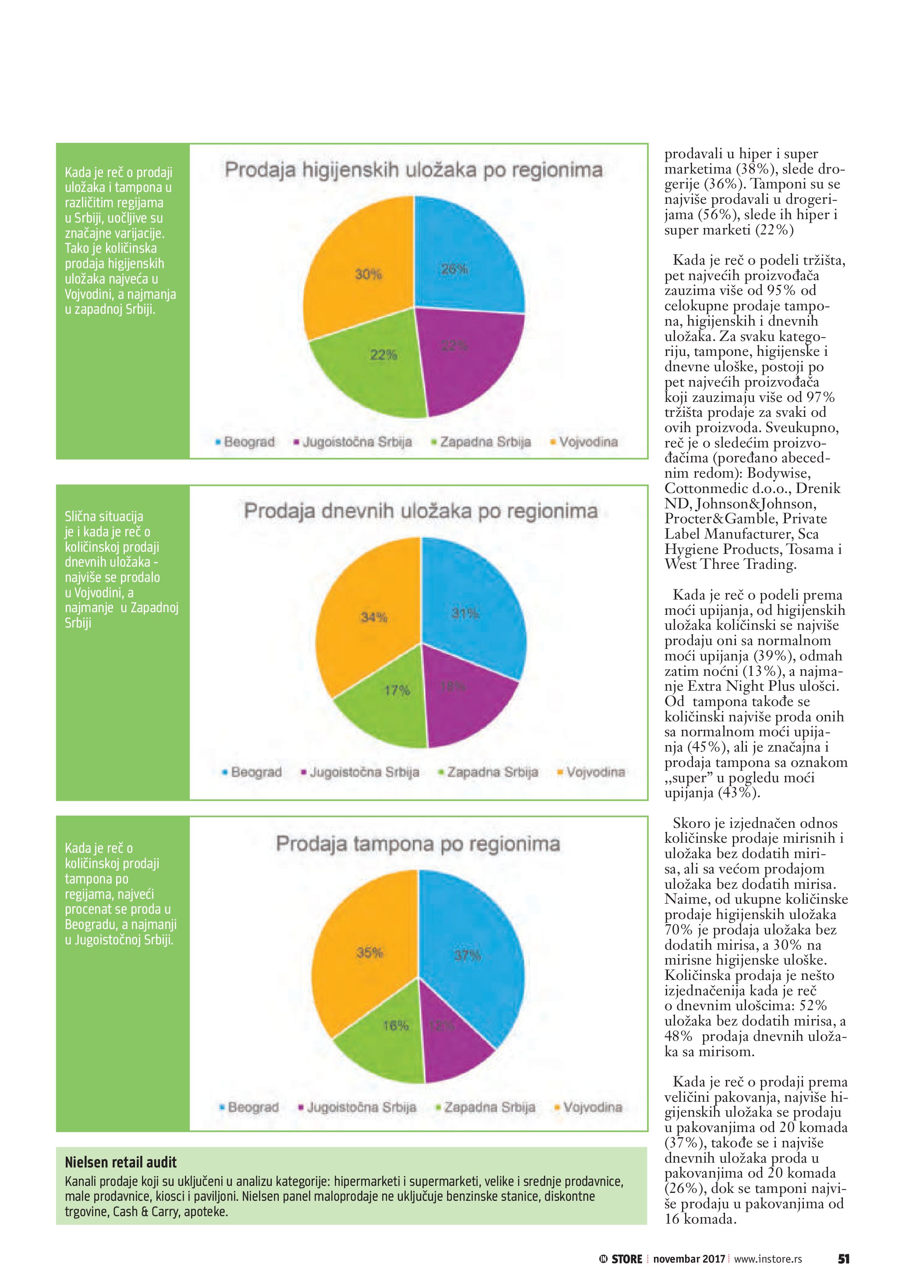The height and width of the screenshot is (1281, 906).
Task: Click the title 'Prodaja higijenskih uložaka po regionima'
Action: [413, 170]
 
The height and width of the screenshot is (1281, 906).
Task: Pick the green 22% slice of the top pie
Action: [374, 374]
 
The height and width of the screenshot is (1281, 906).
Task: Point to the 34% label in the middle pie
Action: [374, 617]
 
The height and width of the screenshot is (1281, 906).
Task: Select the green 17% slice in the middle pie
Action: [385, 709]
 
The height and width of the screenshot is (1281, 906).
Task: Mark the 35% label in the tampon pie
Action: [370, 952]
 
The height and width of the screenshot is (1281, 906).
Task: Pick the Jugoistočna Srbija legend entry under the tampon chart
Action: [358, 1107]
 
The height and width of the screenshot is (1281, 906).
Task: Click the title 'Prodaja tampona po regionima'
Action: [418, 843]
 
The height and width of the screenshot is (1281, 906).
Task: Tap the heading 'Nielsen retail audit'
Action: [121, 1162]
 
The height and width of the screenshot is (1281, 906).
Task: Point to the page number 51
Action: [843, 1259]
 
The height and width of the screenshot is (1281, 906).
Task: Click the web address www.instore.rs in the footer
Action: [768, 1259]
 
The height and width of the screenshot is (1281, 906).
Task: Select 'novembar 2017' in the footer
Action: [689, 1259]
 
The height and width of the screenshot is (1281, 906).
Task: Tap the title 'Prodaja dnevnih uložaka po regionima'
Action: [421, 511]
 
